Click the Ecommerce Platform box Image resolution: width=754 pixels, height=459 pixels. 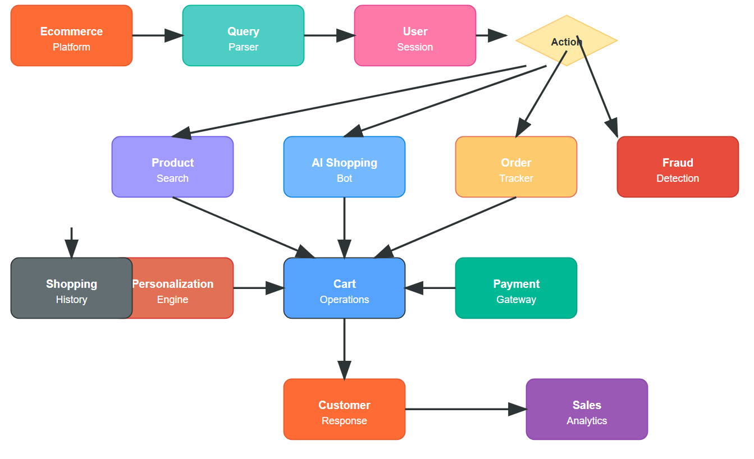71,35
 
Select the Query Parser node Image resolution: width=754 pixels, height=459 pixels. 243,35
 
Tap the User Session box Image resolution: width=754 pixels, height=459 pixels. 415,35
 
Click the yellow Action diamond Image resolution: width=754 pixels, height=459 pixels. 566,40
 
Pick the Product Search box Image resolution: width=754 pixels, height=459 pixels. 172,167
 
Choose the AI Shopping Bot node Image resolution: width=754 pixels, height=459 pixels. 344,167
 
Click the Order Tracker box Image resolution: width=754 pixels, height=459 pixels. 516,167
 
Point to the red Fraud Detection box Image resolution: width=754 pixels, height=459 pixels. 678,167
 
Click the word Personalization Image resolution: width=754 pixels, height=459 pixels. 173,284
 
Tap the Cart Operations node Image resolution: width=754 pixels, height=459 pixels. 344,288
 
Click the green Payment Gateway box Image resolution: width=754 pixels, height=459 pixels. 516,288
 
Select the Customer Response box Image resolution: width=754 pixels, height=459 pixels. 344,409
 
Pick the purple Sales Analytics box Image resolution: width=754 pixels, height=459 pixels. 587,409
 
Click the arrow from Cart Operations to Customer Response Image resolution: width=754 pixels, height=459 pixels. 344,348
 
